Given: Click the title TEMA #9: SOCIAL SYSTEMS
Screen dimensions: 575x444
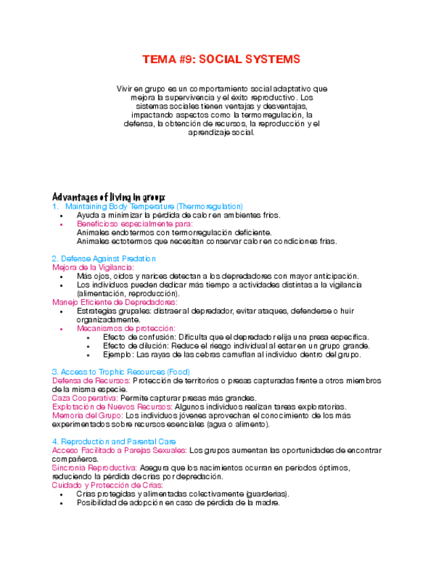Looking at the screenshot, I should click(x=221, y=60).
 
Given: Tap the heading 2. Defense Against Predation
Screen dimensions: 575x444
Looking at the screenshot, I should click(x=104, y=258).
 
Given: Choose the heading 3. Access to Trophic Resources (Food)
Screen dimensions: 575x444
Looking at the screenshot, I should click(x=121, y=372).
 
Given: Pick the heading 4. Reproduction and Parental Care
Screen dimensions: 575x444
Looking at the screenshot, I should click(x=114, y=441).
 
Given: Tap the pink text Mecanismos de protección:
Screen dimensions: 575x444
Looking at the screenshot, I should click(x=127, y=328).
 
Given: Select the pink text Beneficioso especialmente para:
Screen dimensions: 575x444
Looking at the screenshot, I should click(x=134, y=223).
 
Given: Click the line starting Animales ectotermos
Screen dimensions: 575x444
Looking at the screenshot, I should click(x=207, y=241).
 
